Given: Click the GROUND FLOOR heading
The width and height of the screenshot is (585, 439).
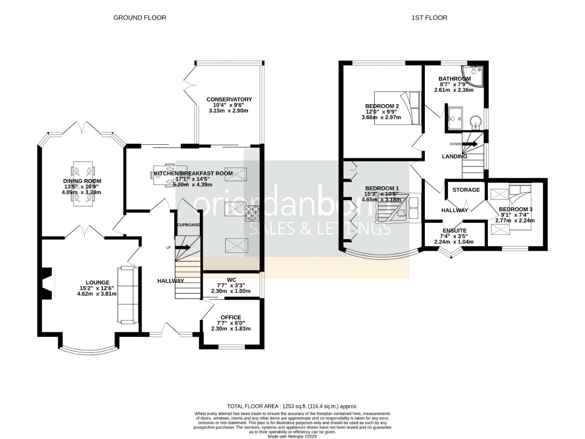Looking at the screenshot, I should pyautogui.click(x=139, y=17).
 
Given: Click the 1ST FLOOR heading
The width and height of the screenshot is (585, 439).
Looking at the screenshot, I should pyautogui.click(x=429, y=17).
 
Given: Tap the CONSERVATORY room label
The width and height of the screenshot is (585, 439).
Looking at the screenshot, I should pyautogui.click(x=229, y=99).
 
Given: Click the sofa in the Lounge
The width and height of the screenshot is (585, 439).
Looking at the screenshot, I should pyautogui.click(x=128, y=295).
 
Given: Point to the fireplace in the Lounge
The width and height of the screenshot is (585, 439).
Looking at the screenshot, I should pyautogui.click(x=48, y=283).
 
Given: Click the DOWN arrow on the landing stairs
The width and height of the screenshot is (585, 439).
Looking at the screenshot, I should pyautogui.click(x=470, y=144).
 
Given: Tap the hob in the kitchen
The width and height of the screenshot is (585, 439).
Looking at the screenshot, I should pyautogui.click(x=252, y=213).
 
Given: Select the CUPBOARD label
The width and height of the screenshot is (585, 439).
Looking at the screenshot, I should pyautogui.click(x=188, y=225).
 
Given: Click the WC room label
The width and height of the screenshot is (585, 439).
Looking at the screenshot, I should pyautogui.click(x=232, y=280).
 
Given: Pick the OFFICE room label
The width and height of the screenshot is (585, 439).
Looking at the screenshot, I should pyautogui.click(x=231, y=317).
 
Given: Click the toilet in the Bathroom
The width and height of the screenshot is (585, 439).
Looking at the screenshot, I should pyautogui.click(x=475, y=121).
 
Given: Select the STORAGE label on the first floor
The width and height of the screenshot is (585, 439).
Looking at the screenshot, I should pyautogui.click(x=466, y=190).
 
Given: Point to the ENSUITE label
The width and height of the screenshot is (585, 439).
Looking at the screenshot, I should pyautogui.click(x=455, y=230).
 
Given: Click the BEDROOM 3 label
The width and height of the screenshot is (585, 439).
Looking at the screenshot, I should pyautogui.click(x=516, y=209).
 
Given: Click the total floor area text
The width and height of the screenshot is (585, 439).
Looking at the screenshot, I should pyautogui.click(x=292, y=406).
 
